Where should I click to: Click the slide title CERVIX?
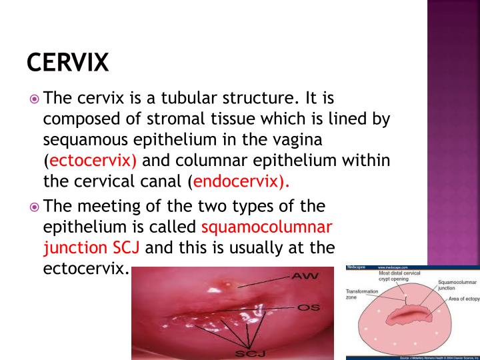67,63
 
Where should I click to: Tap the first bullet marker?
35,99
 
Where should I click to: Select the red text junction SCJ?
91,249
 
